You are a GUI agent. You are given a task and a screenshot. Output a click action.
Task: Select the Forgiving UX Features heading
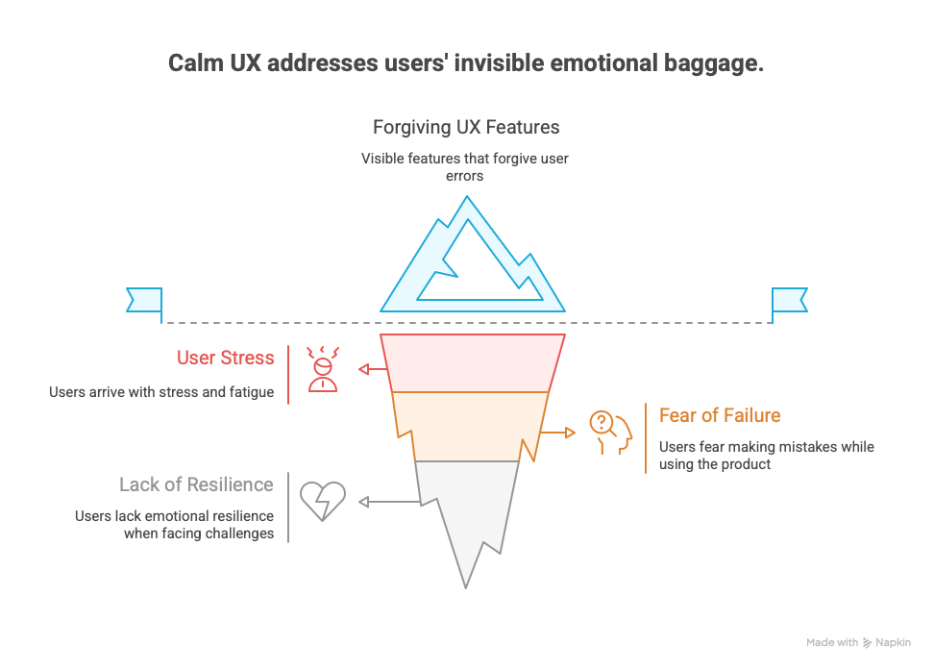(x=466, y=127)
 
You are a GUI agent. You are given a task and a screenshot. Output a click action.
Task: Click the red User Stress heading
(x=225, y=358)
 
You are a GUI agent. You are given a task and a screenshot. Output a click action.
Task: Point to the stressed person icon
(x=323, y=369)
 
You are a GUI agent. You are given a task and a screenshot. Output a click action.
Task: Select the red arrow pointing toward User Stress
(x=373, y=369)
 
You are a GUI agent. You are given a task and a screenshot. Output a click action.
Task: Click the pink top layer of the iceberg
(x=473, y=362)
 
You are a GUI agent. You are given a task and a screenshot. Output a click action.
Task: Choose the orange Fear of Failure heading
(x=720, y=415)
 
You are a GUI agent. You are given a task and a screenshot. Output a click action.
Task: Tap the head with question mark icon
(x=610, y=433)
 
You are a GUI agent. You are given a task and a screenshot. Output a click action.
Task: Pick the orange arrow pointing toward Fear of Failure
(x=557, y=433)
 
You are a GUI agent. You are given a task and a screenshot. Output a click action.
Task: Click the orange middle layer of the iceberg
(x=471, y=426)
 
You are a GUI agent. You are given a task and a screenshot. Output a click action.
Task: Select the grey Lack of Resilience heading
(x=196, y=484)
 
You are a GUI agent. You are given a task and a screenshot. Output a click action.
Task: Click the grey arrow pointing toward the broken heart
(x=389, y=502)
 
